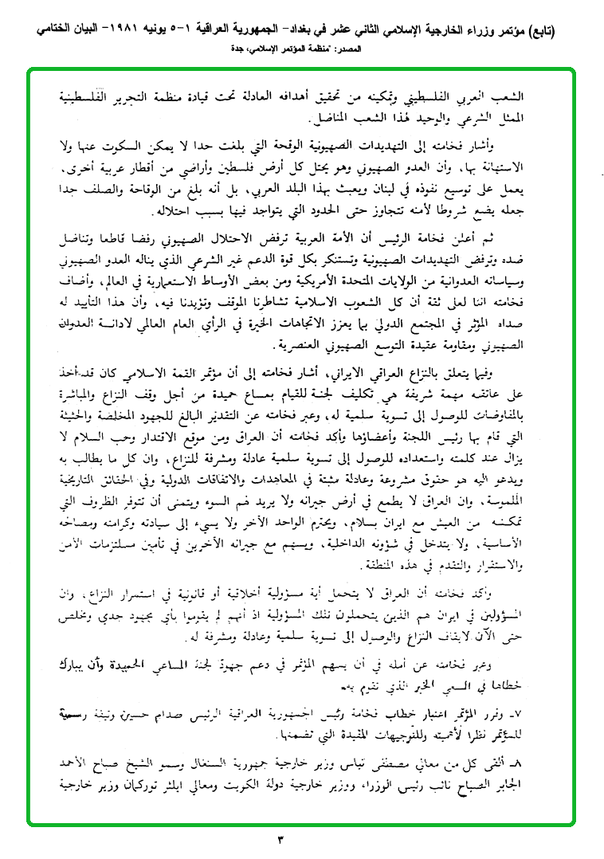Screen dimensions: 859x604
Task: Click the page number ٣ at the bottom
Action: click(302, 838)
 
